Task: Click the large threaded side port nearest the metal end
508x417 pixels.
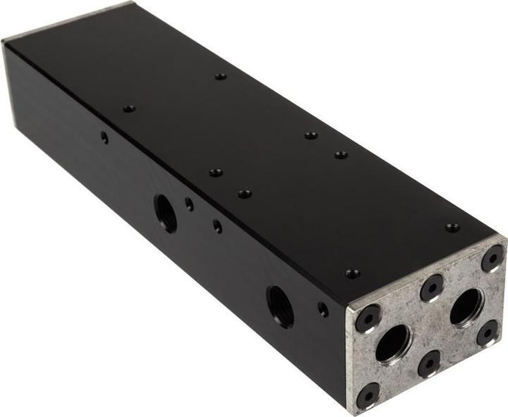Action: click(280, 306)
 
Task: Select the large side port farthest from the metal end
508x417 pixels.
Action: click(166, 212)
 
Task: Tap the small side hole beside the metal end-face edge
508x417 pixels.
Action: click(322, 309)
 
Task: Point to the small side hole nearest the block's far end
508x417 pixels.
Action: click(104, 137)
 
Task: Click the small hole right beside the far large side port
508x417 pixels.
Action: click(189, 204)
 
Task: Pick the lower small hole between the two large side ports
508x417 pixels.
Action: click(217, 226)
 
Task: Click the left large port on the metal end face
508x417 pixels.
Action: click(393, 344)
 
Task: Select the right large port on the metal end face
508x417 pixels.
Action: click(466, 307)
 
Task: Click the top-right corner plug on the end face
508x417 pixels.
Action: click(492, 258)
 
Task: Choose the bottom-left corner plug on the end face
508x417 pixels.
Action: click(368, 394)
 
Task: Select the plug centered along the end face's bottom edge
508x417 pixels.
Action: click(429, 363)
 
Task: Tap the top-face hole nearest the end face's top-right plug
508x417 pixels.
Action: click(452, 228)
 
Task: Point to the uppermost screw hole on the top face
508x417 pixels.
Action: click(221, 76)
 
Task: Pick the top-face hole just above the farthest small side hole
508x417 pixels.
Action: click(129, 109)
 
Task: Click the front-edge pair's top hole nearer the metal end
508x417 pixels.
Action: click(244, 193)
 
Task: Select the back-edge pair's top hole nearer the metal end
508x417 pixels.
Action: click(341, 154)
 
